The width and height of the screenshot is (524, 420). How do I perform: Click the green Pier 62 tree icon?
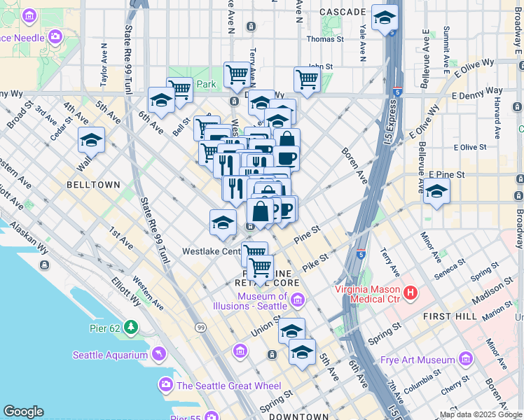click(131, 327)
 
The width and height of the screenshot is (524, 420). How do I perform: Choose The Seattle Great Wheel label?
click(228, 386)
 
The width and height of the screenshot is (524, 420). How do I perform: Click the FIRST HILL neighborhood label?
click(448, 317)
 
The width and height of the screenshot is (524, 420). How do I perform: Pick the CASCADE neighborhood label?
click(342, 12)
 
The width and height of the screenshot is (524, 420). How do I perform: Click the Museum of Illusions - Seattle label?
click(252, 301)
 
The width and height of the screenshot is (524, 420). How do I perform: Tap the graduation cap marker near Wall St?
click(90, 141)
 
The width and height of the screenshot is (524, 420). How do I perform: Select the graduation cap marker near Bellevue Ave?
click(436, 191)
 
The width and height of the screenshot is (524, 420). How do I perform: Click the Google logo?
click(23, 412)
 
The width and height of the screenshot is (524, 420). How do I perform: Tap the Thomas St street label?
click(324, 40)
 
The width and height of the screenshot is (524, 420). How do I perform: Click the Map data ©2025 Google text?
click(480, 414)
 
